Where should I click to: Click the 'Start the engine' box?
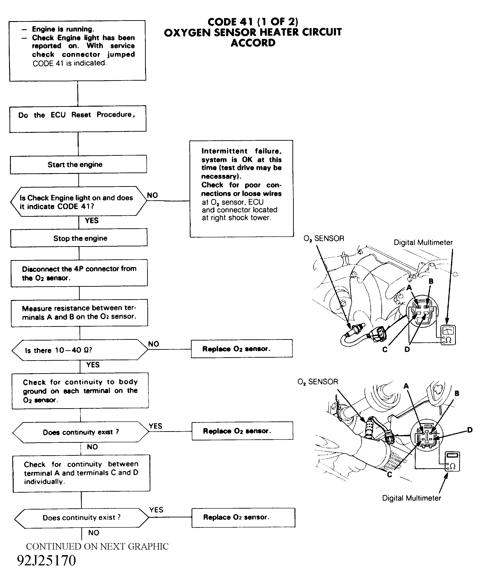click(x=78, y=164)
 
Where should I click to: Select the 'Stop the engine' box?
click(x=79, y=238)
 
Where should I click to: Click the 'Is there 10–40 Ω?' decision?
click(x=80, y=350)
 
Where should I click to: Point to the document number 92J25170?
click(x=46, y=560)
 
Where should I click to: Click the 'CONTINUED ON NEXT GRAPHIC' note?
click(x=97, y=546)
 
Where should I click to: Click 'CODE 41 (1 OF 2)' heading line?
click(x=253, y=22)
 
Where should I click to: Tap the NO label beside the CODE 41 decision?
click(x=152, y=195)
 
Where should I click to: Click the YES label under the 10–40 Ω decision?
click(x=93, y=365)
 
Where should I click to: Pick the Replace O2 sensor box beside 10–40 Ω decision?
click(x=242, y=348)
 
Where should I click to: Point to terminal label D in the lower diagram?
click(x=470, y=430)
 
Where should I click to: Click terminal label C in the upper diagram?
click(x=385, y=350)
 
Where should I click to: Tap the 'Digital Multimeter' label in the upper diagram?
click(x=423, y=242)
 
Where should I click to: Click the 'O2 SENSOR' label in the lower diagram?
click(x=318, y=382)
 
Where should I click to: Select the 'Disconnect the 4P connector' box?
click(x=79, y=273)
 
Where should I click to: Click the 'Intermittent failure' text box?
click(x=242, y=188)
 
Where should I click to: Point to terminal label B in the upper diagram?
click(x=431, y=281)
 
